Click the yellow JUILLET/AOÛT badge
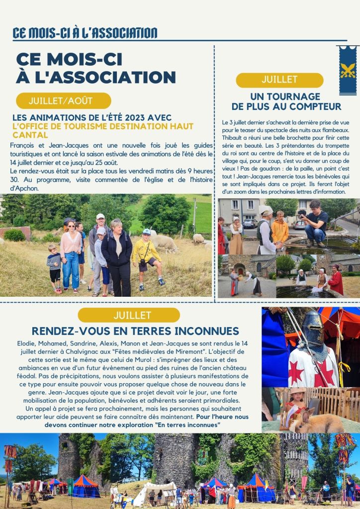pos(63,100)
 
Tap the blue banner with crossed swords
pos(348,70)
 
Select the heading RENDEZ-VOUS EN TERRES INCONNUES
pos(135,331)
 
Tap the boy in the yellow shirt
pos(146,253)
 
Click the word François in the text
pos(23,146)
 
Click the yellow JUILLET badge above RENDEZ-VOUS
pos(129,315)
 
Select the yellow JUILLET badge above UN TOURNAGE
pos(279,80)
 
